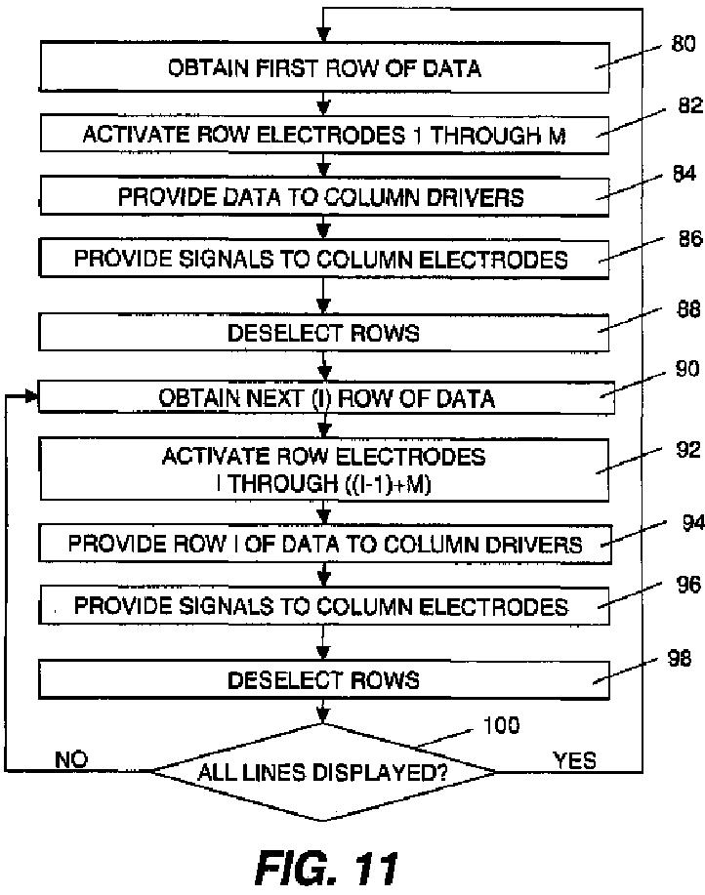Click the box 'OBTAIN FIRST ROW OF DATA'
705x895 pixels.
click(x=323, y=66)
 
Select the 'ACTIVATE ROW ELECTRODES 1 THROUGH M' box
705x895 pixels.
click(x=323, y=134)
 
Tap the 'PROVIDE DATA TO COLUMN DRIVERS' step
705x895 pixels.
click(x=323, y=197)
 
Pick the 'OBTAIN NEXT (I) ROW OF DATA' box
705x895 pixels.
click(x=325, y=398)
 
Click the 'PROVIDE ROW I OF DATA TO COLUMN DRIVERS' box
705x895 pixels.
click(x=325, y=544)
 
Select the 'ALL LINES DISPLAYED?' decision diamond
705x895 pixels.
click(x=323, y=772)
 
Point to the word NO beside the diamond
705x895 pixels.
click(x=71, y=759)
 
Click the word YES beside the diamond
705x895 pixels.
click(x=574, y=760)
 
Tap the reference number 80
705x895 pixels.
click(x=683, y=43)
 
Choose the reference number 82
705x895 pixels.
click(x=690, y=105)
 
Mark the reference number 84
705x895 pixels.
click(x=684, y=173)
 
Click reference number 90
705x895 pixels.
click(x=686, y=369)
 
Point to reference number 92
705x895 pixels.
click(x=687, y=450)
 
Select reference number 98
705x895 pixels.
click(x=680, y=658)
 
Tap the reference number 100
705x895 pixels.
click(x=501, y=725)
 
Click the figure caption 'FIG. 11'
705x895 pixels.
click(x=326, y=869)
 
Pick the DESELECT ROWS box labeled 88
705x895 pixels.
click(x=323, y=332)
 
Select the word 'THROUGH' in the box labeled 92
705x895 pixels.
click(x=284, y=484)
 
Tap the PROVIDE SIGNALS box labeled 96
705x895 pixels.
click(x=323, y=605)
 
